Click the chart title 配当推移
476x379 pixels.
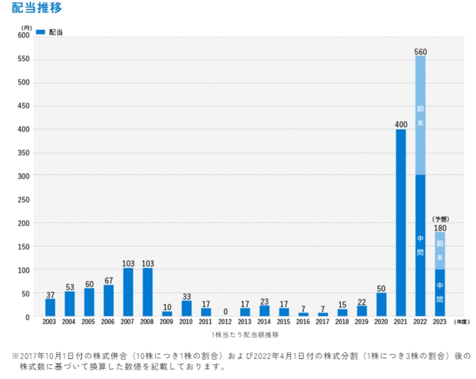(x=37, y=8)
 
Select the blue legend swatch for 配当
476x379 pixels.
(x=40, y=32)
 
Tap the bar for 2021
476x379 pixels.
(x=401, y=223)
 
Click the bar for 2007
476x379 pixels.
(x=128, y=292)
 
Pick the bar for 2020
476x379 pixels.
(x=381, y=305)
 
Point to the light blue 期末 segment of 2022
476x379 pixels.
(x=420, y=115)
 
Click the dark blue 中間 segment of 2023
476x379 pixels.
(x=440, y=293)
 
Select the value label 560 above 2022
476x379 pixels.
(x=420, y=52)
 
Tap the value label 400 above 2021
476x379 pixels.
(x=401, y=125)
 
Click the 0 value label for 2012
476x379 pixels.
(x=225, y=311)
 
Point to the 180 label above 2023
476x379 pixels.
(x=440, y=227)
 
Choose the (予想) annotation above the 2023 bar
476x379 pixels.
(x=440, y=219)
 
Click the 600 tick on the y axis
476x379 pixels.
(x=24, y=36)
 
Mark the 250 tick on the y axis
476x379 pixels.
(x=24, y=199)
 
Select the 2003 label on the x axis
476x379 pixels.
(x=50, y=322)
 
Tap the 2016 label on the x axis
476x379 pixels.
(x=303, y=322)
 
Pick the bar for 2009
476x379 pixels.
(x=167, y=314)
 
